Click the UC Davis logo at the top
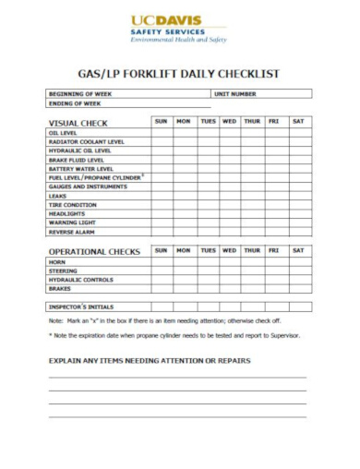coord(179,28)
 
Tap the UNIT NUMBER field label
coord(235,94)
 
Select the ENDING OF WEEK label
coord(74,103)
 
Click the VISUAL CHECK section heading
coord(78,123)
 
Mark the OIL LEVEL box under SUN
coord(161,133)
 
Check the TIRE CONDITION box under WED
coord(229,205)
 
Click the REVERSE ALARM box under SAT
coord(298,232)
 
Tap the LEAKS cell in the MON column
coord(183,196)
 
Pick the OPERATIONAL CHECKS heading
coord(94,250)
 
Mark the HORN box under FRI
coord(274,261)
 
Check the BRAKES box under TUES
coord(208,288)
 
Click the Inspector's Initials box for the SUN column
coord(161,306)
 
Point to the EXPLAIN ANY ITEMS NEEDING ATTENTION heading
coord(150,360)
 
